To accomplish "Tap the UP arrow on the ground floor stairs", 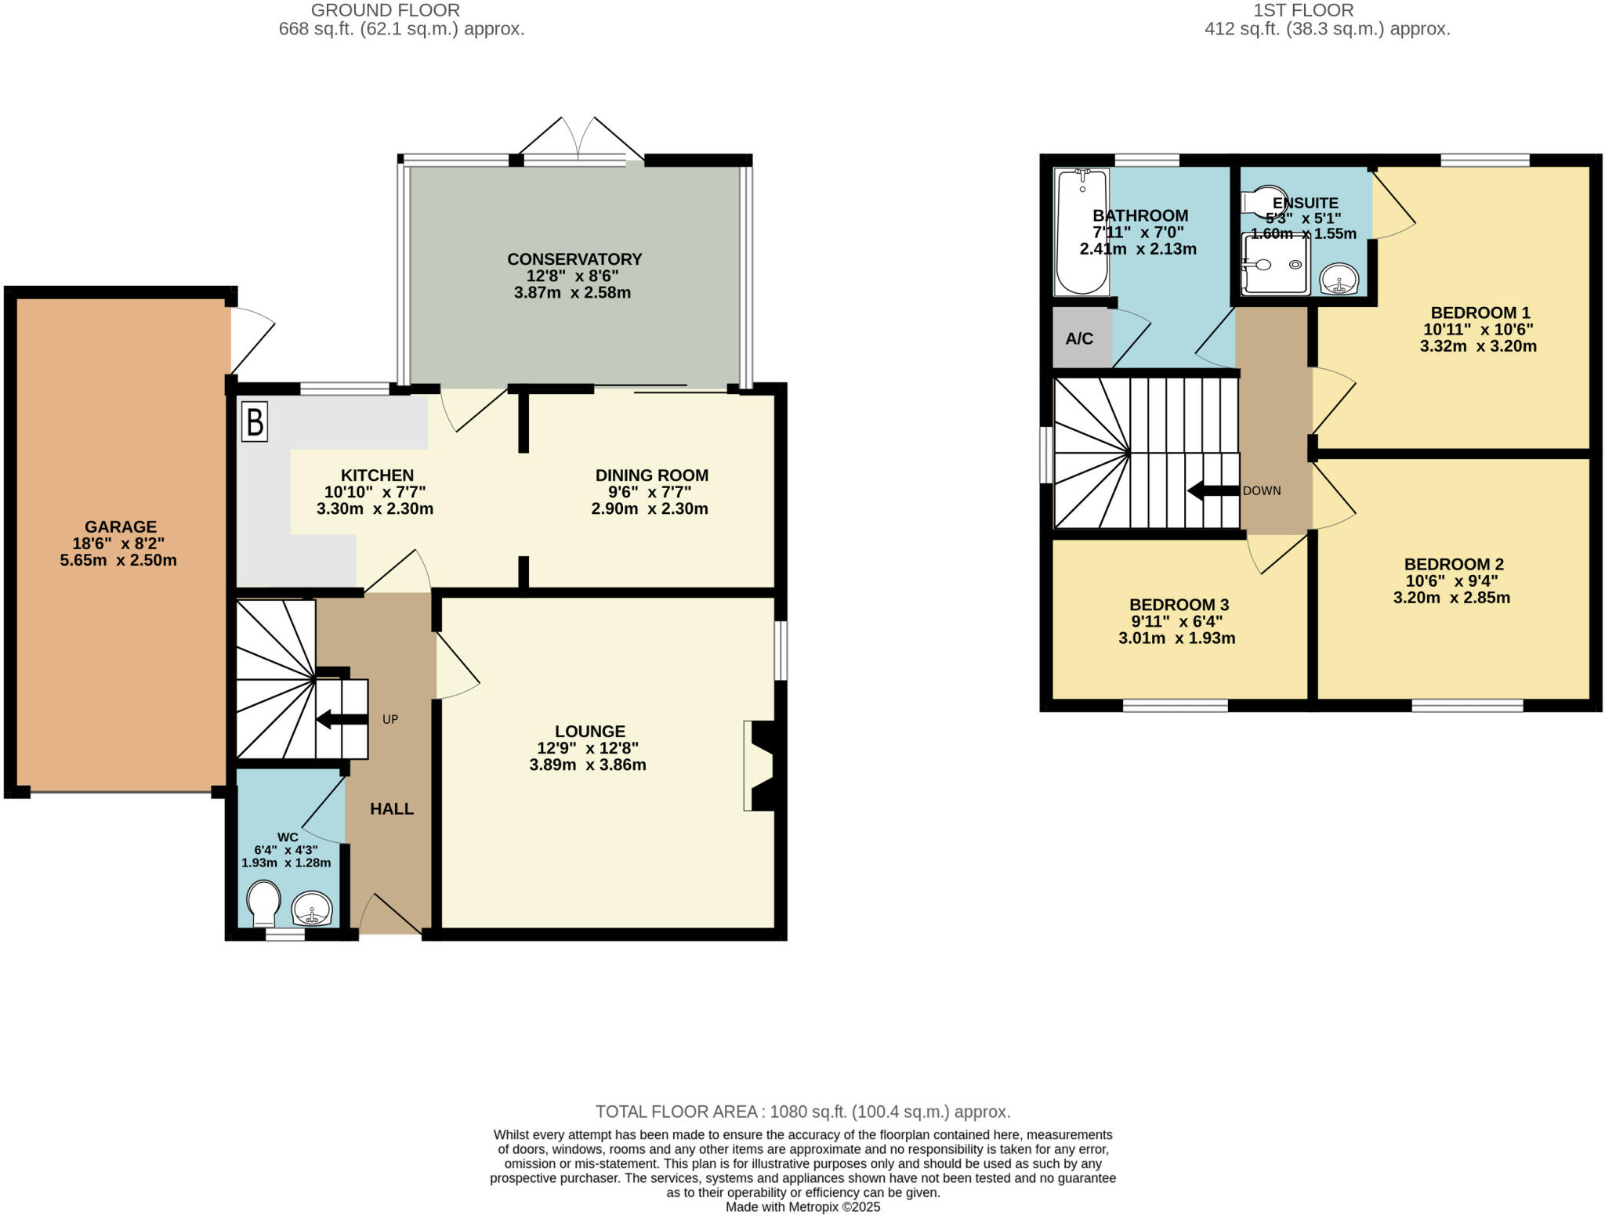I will (342, 719).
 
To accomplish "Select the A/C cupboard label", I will (1079, 339).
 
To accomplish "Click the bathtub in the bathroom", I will (1081, 231).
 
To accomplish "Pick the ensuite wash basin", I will (1339, 278).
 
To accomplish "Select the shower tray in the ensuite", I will (1275, 265).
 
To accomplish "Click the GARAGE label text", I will (121, 527).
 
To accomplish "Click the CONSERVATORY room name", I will (574, 259).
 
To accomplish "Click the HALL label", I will (392, 809).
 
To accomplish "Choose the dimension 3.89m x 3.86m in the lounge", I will (588, 765).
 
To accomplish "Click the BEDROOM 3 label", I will (1179, 605).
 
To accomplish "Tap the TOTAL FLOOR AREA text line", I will (802, 1112).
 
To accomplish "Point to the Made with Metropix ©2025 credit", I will (802, 1207).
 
